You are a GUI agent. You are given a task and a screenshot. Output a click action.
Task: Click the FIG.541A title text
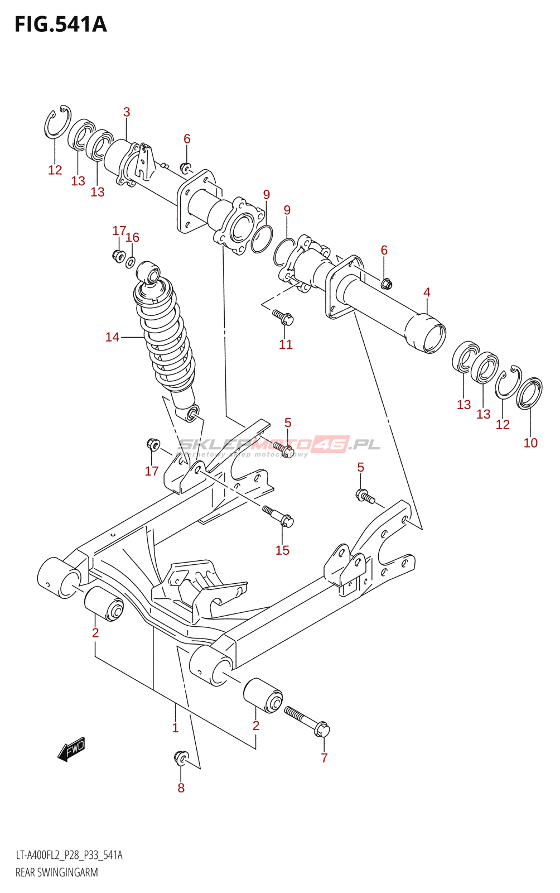point(60,25)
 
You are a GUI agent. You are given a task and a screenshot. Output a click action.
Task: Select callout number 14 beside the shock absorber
point(112,337)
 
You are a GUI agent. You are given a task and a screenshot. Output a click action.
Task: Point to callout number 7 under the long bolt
point(324,758)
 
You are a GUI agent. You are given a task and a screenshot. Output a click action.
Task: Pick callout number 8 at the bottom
point(181,788)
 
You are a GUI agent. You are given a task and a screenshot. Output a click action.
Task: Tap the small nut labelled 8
point(180,757)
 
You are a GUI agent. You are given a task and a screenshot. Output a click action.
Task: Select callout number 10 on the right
point(530,443)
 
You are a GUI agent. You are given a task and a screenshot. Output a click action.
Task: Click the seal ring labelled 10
point(529,393)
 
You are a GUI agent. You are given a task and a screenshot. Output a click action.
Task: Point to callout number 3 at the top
point(127,112)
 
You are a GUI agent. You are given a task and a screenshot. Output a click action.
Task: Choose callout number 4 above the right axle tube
point(427,292)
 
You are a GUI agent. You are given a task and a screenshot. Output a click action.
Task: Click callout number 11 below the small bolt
point(286,344)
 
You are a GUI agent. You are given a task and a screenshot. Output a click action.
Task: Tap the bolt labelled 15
point(278,516)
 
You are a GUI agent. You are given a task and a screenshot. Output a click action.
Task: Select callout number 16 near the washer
point(132,237)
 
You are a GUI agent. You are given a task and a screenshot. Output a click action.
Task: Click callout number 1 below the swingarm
point(175,727)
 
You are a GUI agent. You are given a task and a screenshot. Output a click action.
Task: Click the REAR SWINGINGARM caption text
point(56,872)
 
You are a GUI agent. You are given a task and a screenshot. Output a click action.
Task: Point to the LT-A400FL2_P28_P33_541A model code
point(69,855)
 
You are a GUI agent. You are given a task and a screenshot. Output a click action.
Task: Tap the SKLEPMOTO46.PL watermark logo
point(279,445)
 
